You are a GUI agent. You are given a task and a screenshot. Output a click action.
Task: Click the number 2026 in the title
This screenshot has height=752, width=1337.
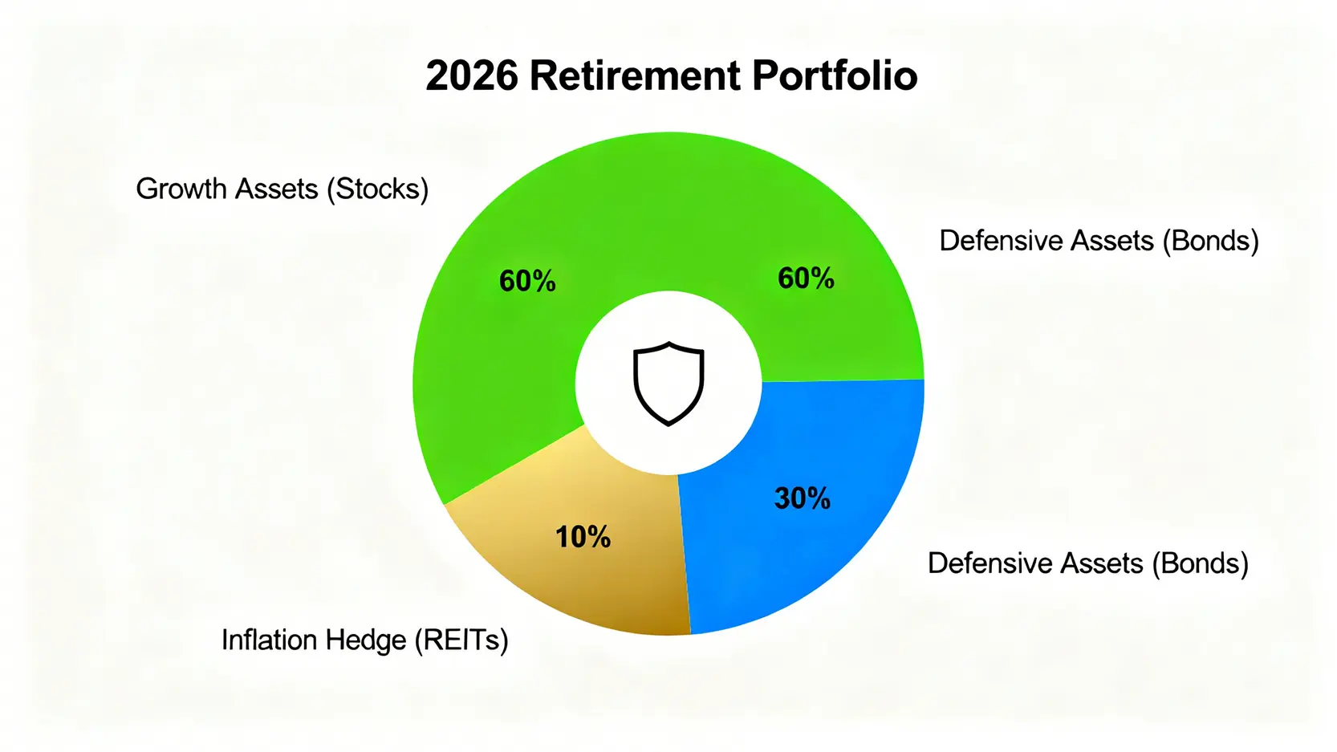pyautogui.click(x=472, y=75)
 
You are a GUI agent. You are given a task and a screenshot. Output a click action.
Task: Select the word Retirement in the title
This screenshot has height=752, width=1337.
pyautogui.click(x=635, y=75)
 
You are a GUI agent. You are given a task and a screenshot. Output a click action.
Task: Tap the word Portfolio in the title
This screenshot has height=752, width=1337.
pyautogui.click(x=835, y=75)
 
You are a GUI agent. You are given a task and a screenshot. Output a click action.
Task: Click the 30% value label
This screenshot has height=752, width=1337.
pyautogui.click(x=803, y=498)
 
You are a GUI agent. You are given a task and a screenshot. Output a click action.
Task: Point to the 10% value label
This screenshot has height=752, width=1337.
pyautogui.click(x=583, y=537)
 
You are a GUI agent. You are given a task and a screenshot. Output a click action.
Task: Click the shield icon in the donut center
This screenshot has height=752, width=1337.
pyautogui.click(x=668, y=384)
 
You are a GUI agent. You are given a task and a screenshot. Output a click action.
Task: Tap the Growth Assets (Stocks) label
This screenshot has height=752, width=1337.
pyautogui.click(x=282, y=189)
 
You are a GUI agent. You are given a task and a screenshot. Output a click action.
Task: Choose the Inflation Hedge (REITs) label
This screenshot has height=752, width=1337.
pyautogui.click(x=364, y=640)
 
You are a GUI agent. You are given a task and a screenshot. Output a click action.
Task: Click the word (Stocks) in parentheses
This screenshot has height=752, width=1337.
pyautogui.click(x=378, y=189)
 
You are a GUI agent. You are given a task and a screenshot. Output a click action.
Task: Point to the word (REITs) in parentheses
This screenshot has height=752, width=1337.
pyautogui.click(x=461, y=640)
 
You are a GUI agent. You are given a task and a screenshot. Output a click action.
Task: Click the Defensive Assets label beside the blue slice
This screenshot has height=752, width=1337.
pyautogui.click(x=1087, y=563)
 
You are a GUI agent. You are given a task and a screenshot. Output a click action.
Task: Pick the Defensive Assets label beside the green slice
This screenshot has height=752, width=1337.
pyautogui.click(x=1099, y=241)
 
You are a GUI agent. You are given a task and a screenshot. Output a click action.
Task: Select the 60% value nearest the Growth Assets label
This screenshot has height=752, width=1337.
pyautogui.click(x=527, y=281)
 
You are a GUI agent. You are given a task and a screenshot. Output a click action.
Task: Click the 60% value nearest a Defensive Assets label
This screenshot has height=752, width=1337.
pyautogui.click(x=806, y=278)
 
